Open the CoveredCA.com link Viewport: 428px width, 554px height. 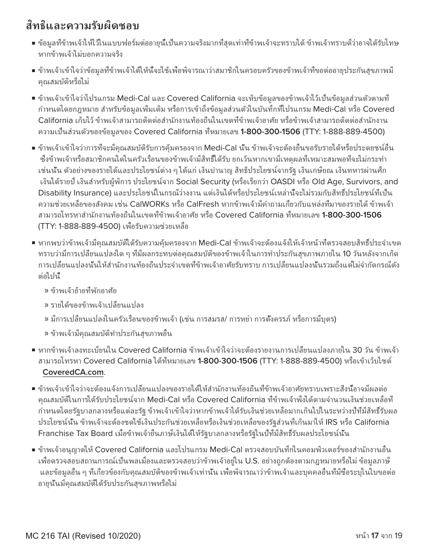pyautogui.click(x=73, y=372)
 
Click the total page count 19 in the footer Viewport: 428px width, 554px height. pyautogui.click(x=398, y=536)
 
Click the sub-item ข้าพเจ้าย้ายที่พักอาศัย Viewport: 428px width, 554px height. pyautogui.click(x=80, y=291)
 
